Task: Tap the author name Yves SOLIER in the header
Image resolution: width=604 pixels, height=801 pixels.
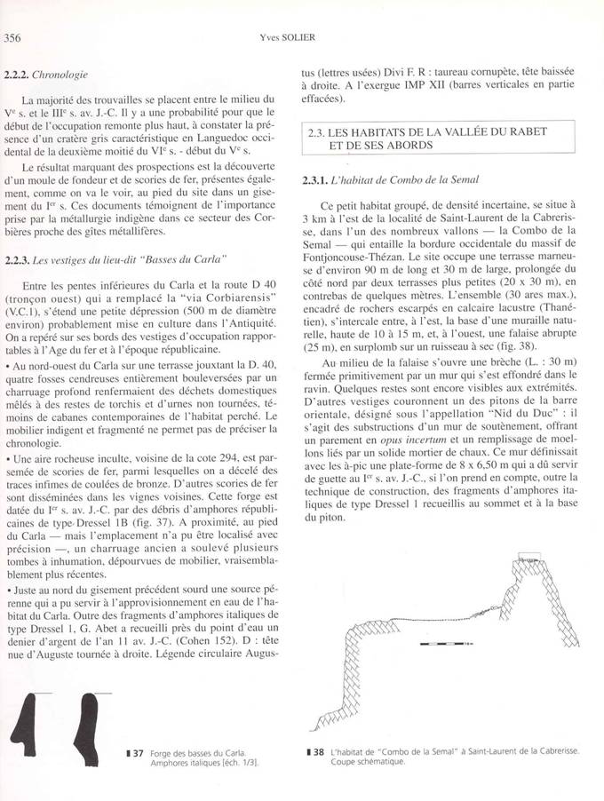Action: [300, 37]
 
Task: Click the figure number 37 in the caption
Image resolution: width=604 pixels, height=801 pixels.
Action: [138, 753]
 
